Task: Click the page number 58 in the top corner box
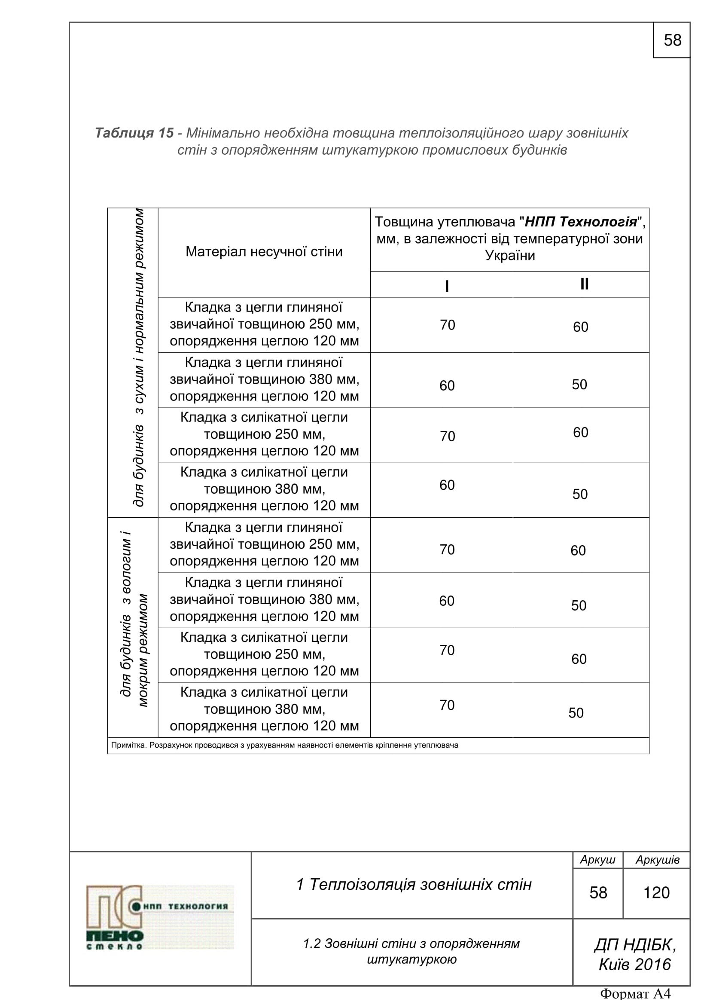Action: point(672,40)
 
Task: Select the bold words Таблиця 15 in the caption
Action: point(134,133)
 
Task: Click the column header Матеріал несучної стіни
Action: point(264,252)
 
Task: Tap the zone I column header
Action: point(447,286)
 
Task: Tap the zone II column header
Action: point(584,284)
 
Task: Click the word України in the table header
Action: point(510,256)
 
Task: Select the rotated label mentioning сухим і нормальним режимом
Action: point(138,357)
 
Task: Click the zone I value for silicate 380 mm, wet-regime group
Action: point(447,705)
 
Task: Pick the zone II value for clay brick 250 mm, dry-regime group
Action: point(581,327)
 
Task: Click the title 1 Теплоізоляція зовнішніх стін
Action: point(413,885)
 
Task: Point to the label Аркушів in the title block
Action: point(658,860)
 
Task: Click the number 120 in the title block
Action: point(656,892)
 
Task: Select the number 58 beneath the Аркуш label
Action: point(598,892)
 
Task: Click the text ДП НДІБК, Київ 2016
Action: point(634,955)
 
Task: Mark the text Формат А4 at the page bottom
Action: point(635,994)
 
